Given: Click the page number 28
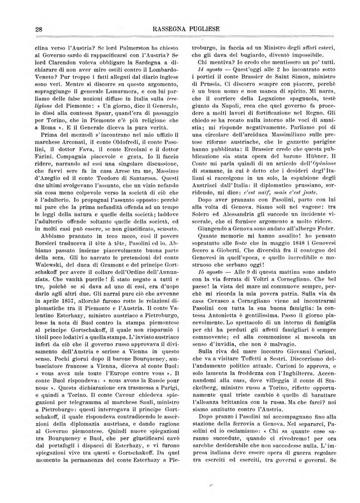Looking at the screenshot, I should [x=39, y=29].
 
